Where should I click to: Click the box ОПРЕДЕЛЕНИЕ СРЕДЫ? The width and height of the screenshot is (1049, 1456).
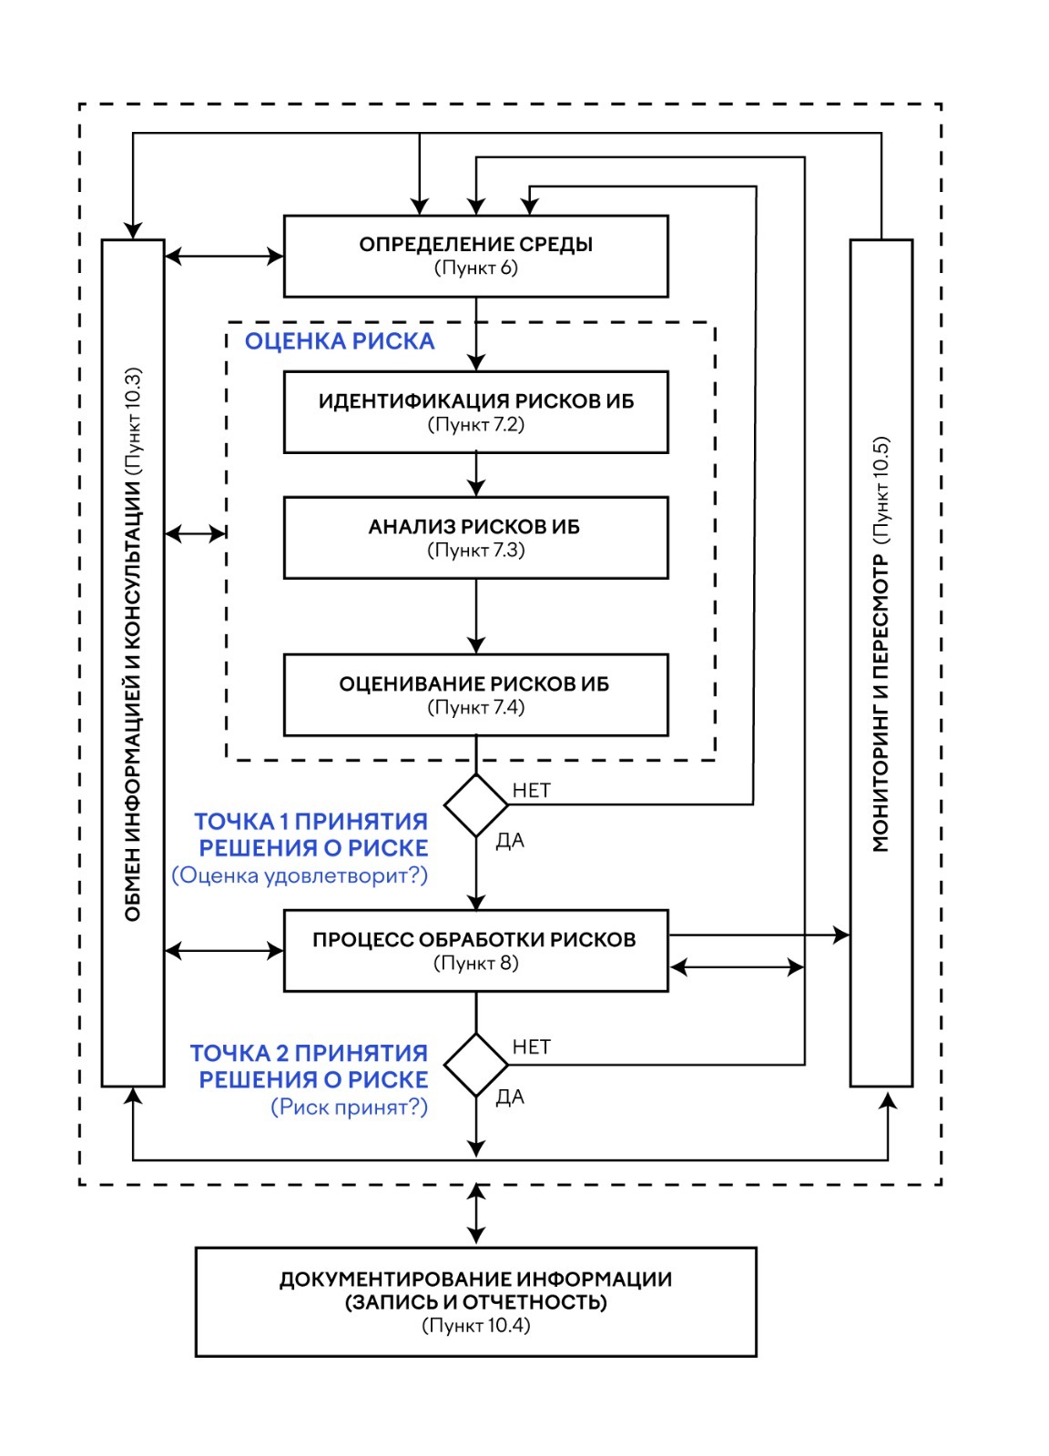475,256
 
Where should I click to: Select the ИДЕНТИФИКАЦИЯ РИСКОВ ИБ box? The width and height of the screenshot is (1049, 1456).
475,412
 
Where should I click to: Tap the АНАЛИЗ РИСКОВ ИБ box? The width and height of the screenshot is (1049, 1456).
475,538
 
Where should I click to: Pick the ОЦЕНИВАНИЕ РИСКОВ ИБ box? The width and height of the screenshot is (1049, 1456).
475,694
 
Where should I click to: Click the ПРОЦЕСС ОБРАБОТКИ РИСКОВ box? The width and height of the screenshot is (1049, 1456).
475,951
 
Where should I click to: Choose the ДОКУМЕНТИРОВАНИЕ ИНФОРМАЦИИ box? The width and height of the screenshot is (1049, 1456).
475,1301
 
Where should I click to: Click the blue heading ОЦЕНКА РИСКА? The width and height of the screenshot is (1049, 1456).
340,341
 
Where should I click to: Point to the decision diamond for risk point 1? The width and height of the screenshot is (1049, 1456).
475,805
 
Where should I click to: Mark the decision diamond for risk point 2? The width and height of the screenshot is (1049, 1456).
475,1065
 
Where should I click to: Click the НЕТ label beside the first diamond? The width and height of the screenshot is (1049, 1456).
532,790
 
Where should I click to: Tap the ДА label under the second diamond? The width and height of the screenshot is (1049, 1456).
510,1097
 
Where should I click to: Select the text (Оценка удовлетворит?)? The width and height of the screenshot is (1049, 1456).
300,875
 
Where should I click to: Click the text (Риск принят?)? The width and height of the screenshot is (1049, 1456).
349,1107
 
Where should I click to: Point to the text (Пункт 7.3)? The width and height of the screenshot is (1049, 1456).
475,551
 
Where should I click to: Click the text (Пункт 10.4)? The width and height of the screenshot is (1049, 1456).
475,1326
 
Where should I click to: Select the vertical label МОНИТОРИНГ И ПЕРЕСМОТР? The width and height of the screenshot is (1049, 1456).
881,701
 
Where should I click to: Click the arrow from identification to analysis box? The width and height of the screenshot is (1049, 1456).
475,474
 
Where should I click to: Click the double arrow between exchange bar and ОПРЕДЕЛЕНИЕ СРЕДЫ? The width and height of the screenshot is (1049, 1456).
224,257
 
